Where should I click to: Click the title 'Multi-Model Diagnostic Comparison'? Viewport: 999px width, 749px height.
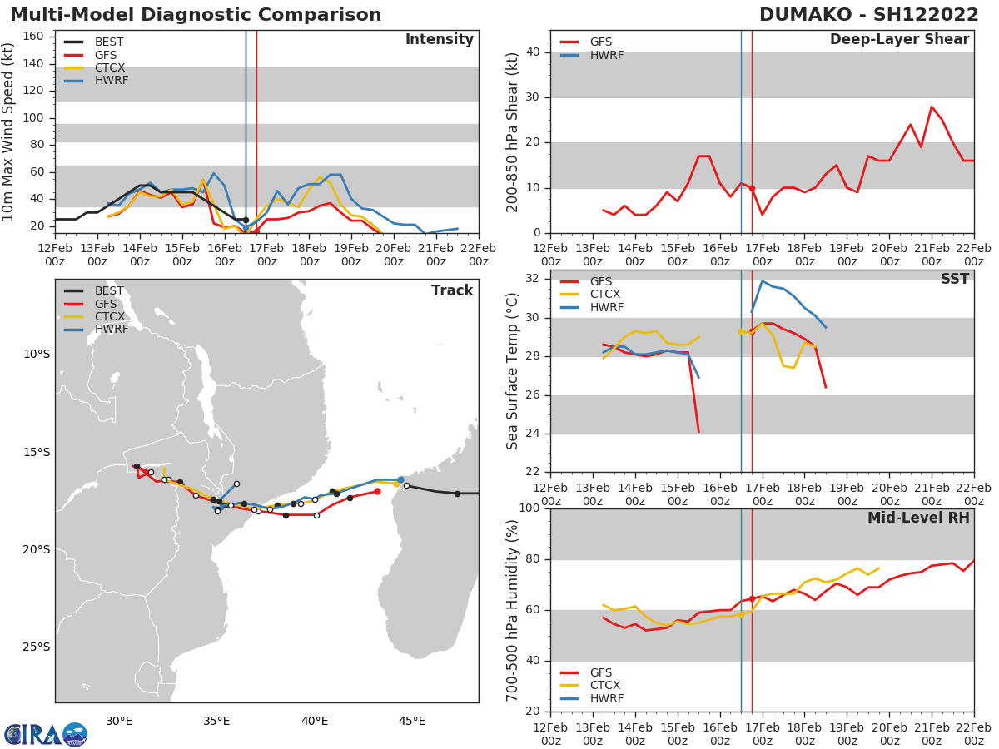[196, 15]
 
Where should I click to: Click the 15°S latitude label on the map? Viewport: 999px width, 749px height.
[35, 452]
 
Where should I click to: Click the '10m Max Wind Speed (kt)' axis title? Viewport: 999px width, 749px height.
[9, 131]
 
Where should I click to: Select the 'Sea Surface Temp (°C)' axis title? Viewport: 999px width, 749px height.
[513, 371]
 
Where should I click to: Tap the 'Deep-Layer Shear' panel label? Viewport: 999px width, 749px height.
[899, 40]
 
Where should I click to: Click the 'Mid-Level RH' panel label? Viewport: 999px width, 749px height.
[918, 518]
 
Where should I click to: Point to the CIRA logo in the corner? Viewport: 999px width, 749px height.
[46, 734]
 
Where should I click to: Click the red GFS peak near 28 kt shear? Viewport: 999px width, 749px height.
[932, 107]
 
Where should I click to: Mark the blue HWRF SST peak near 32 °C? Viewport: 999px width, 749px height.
[762, 280]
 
